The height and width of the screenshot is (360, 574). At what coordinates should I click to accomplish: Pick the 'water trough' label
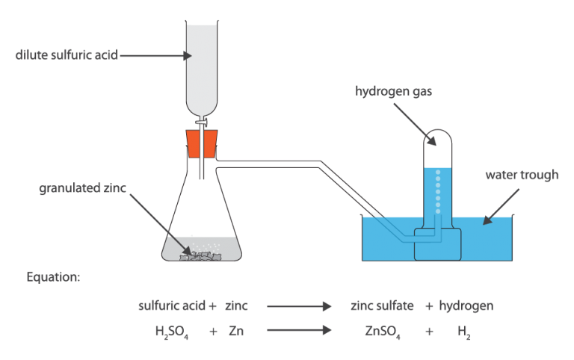coord(521,177)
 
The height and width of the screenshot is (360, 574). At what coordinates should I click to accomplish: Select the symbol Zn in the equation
coord(235,329)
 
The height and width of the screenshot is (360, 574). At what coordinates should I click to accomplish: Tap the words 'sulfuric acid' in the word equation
coord(172,305)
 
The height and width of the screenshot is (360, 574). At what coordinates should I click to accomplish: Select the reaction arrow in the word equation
coord(298,306)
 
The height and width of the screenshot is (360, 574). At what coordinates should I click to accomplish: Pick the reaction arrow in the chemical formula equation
coord(298,329)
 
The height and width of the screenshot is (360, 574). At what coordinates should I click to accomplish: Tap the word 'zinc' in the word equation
coord(236,305)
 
